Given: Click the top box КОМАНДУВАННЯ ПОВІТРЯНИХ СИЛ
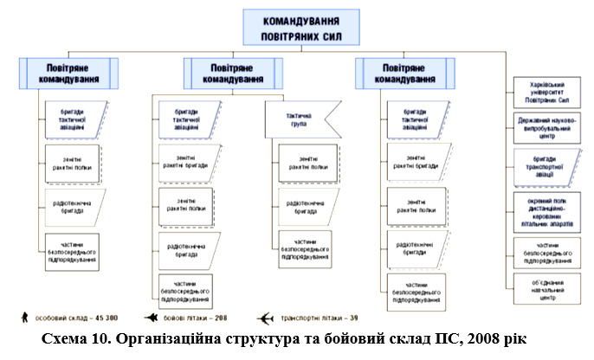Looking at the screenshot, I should pos(300,29).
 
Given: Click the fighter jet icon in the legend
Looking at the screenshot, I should pos(151,317).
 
